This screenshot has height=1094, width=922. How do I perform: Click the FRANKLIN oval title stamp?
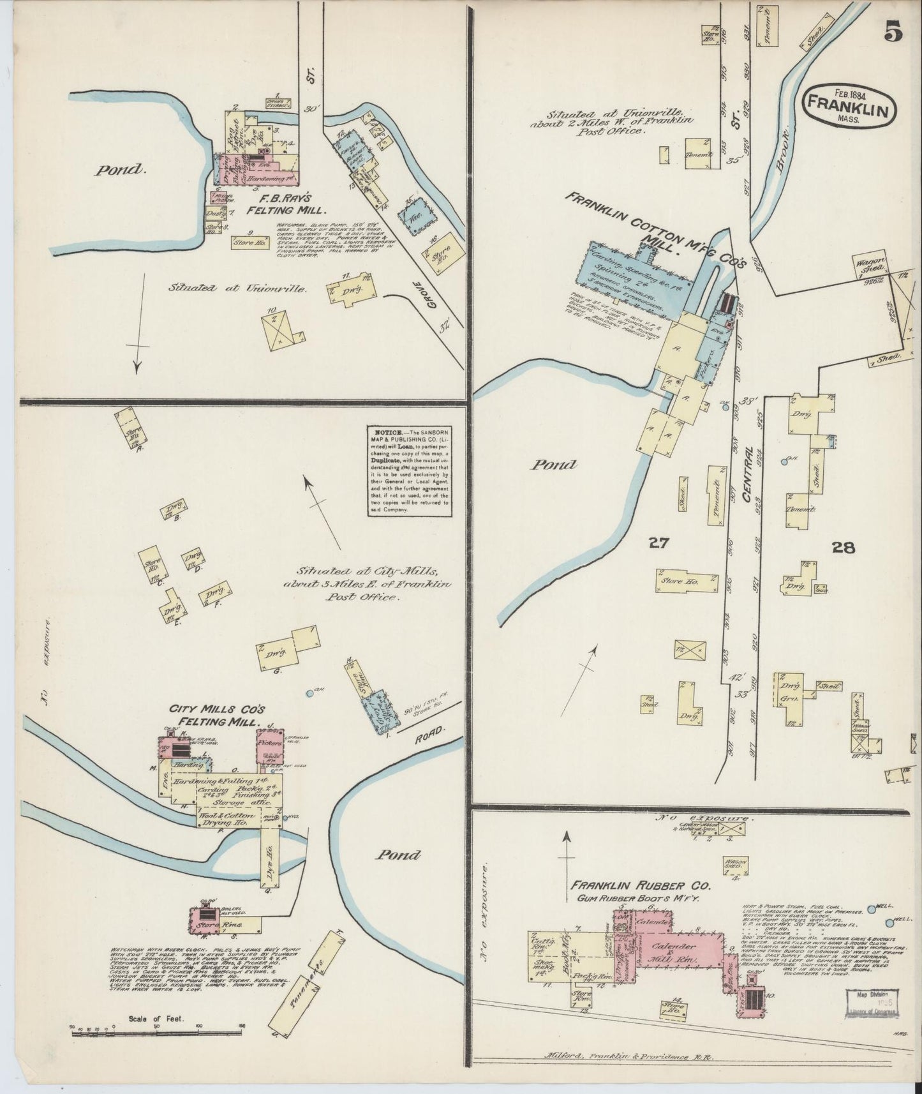pyautogui.click(x=849, y=105)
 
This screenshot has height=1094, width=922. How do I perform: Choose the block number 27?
pyautogui.click(x=658, y=543)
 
